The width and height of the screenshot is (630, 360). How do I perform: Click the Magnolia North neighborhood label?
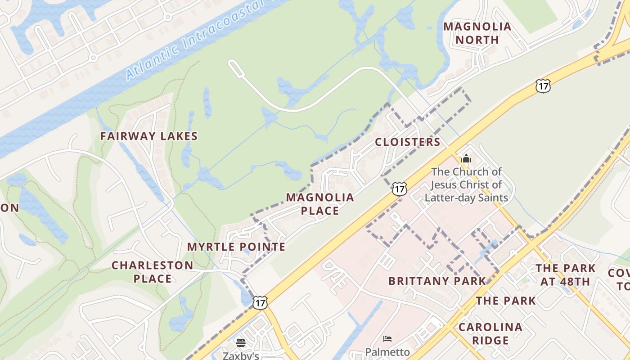477,33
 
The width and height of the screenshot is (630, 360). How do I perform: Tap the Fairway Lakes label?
149,136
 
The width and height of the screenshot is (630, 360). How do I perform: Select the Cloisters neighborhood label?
408,142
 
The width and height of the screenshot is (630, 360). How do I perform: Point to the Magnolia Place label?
320,204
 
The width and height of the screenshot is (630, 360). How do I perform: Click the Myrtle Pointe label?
236,247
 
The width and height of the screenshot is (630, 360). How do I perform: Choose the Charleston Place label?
153,272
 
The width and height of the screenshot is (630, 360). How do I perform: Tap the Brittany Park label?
437,281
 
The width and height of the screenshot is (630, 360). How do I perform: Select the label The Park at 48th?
565,275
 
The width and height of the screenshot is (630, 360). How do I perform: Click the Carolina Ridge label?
490,333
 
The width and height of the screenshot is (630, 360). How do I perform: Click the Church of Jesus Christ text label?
466,184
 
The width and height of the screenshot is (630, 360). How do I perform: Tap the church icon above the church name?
466,159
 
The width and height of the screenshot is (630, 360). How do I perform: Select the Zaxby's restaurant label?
241,355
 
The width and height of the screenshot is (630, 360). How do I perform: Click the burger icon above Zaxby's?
241,343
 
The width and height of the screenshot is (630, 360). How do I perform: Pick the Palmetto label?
387,351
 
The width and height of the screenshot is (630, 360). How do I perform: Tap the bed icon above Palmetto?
387,338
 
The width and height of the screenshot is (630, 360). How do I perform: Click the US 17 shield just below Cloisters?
399,189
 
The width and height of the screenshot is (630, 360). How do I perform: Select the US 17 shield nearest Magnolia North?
543,85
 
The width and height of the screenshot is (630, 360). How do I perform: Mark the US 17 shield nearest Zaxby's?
260,302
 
